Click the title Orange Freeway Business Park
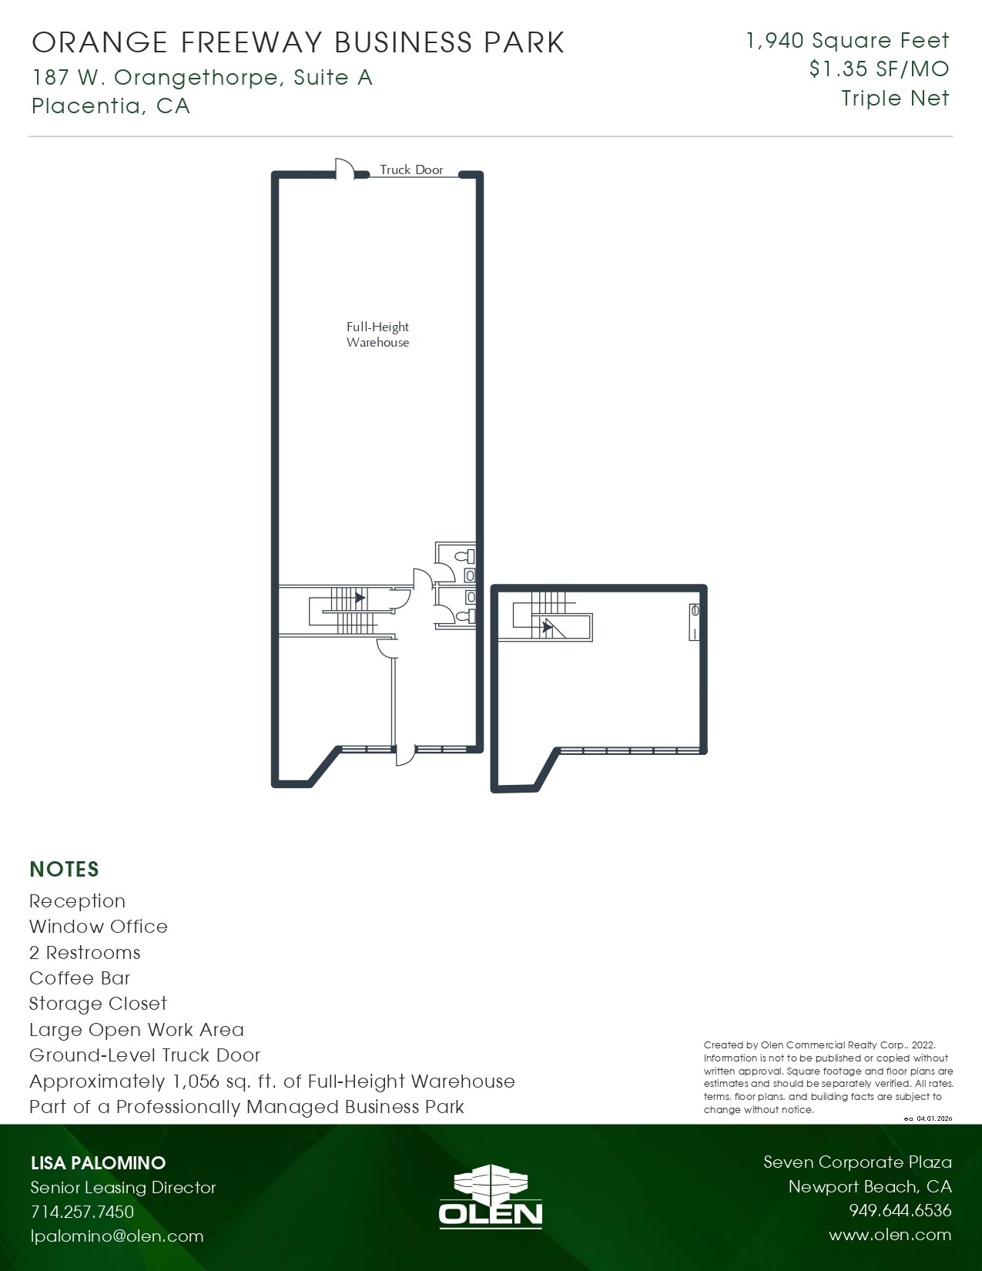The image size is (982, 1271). click(299, 43)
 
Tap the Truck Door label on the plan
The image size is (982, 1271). click(411, 169)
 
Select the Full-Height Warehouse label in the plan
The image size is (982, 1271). click(377, 334)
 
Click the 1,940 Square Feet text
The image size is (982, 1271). click(847, 40)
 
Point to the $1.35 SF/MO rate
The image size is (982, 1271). click(879, 69)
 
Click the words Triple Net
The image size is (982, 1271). click(895, 99)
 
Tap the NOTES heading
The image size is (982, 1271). click(64, 869)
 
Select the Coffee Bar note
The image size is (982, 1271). click(79, 978)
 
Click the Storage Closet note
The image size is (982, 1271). click(98, 1004)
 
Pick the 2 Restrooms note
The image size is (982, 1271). click(85, 953)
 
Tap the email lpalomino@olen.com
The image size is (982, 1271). click(117, 1236)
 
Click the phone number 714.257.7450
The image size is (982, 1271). click(82, 1211)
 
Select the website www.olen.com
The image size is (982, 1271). click(890, 1235)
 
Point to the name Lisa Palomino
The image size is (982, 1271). click(98, 1162)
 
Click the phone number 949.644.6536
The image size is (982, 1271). click(900, 1210)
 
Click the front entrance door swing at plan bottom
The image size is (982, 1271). click(405, 756)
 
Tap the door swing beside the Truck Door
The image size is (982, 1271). click(344, 168)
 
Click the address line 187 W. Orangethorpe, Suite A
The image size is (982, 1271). click(203, 77)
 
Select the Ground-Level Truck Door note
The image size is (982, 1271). click(145, 1055)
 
